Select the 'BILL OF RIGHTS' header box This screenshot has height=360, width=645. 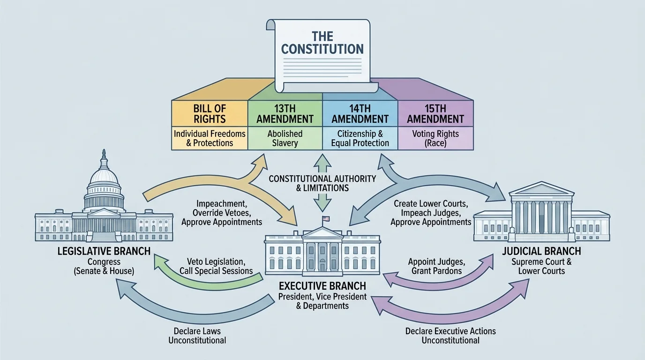[x=210, y=113]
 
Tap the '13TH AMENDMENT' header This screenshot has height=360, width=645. [x=285, y=113]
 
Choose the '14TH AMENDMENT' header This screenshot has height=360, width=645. [x=360, y=113]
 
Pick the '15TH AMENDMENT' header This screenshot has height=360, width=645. [x=435, y=113]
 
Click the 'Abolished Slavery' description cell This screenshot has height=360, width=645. [x=285, y=138]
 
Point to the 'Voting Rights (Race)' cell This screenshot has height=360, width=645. [x=435, y=138]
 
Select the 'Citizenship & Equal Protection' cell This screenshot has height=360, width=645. [x=360, y=138]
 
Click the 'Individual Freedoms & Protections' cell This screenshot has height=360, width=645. [x=210, y=138]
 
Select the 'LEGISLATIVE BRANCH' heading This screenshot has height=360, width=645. [x=104, y=251]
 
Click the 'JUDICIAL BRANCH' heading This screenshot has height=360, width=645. [x=541, y=251]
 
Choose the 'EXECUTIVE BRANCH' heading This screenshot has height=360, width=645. [x=322, y=285]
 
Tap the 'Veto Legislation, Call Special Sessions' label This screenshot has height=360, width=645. [x=216, y=266]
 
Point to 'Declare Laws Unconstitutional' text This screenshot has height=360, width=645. [x=197, y=335]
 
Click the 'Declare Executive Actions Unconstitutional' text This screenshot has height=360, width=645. [x=450, y=335]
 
